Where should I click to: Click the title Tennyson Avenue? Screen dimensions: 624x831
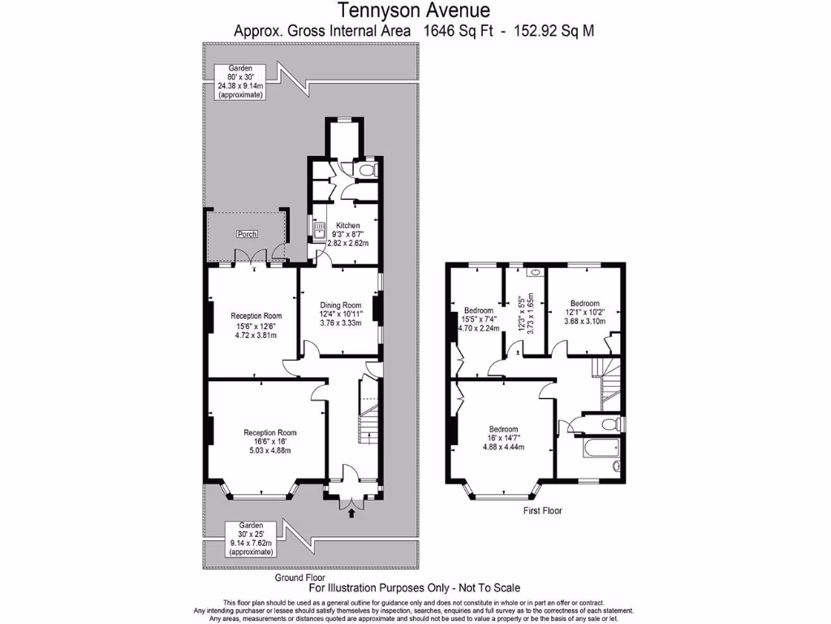[415, 11]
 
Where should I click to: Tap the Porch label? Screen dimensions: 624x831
[247, 234]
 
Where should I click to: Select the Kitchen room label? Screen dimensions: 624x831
[348, 225]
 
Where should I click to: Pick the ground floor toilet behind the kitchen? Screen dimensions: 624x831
[368, 171]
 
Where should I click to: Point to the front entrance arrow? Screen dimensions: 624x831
[351, 512]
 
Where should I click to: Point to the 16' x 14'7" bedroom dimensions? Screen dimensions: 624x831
[503, 438]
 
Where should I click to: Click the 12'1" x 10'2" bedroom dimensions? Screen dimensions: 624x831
[584, 311]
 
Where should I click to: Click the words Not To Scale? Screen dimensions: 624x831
[484, 587]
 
